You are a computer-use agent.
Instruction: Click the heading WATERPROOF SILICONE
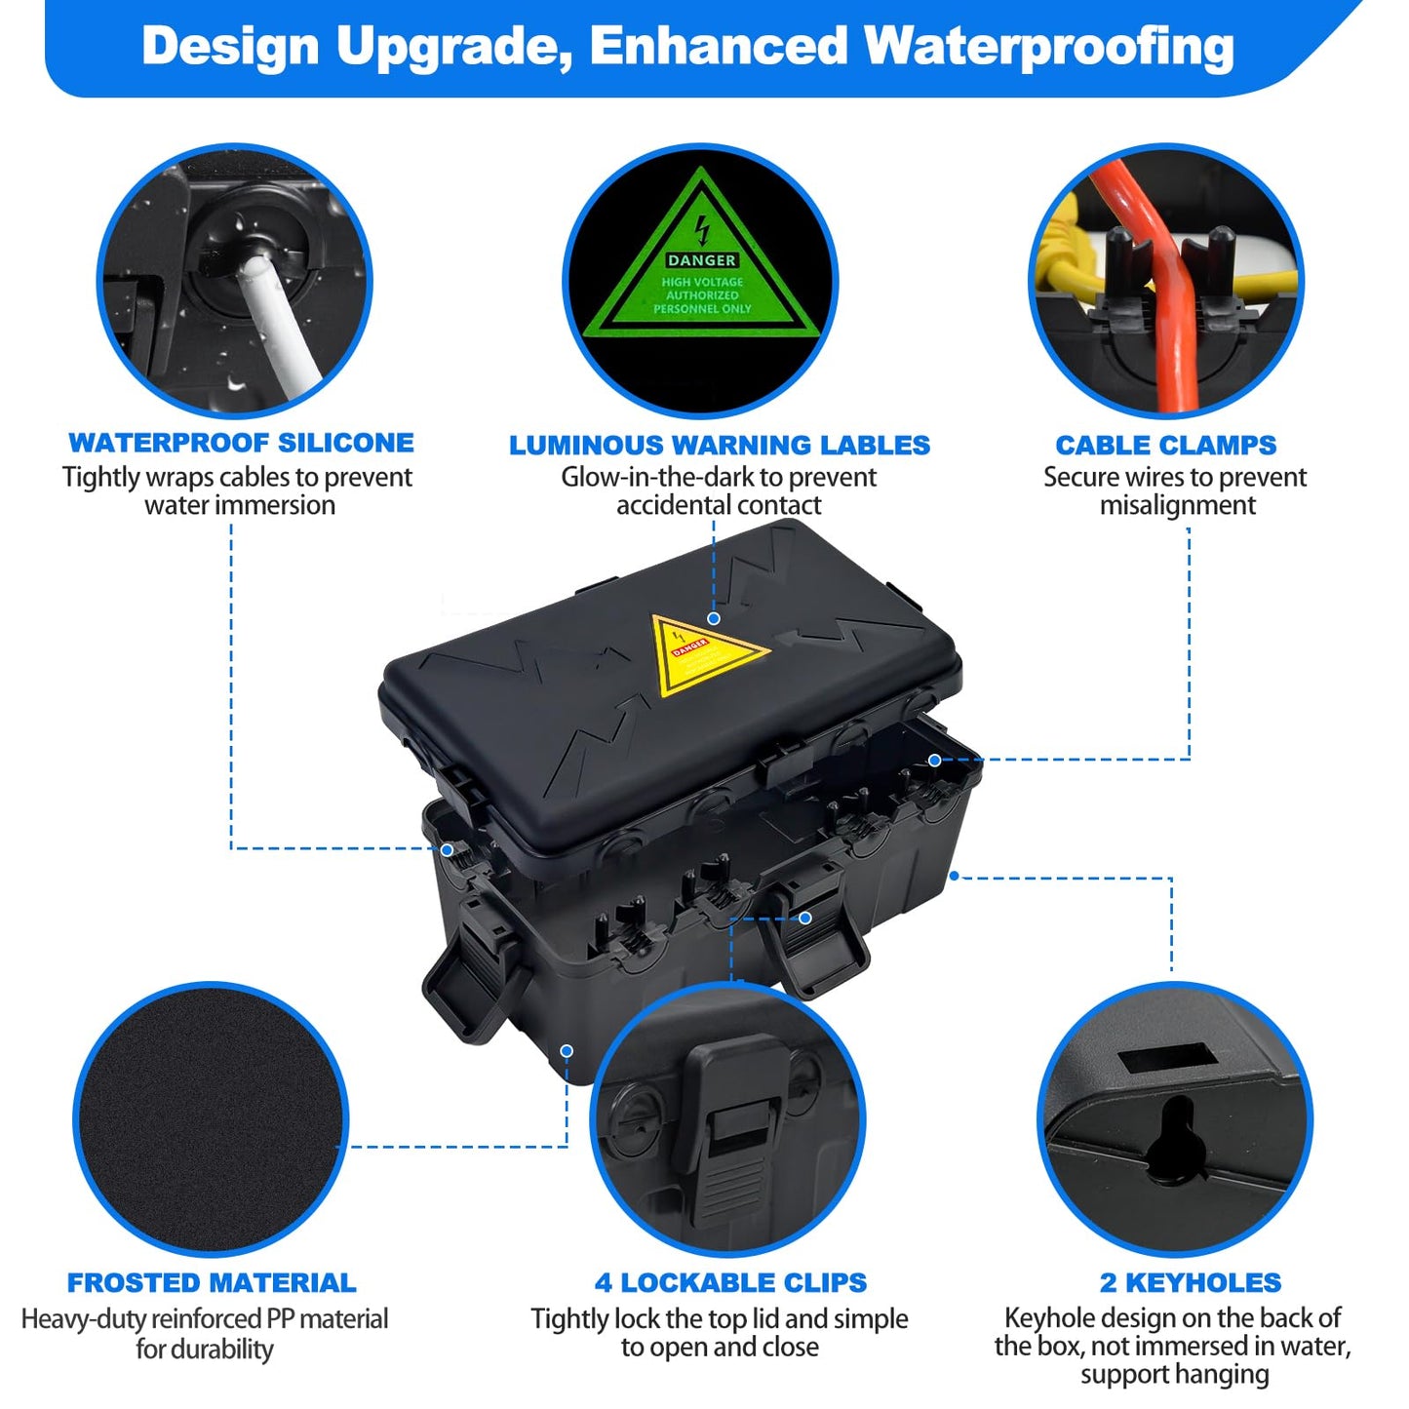click(241, 443)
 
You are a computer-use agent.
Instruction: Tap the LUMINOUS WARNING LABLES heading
click(720, 446)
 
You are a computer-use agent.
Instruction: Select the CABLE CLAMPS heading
click(1165, 446)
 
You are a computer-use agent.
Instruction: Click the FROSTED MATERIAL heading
click(212, 1283)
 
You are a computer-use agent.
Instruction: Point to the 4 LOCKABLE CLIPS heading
click(730, 1283)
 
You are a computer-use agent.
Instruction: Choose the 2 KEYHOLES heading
click(1191, 1283)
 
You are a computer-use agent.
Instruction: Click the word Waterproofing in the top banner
click(1049, 47)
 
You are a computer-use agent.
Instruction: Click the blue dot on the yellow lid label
click(714, 618)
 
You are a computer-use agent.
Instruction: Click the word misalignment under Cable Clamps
click(1178, 506)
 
